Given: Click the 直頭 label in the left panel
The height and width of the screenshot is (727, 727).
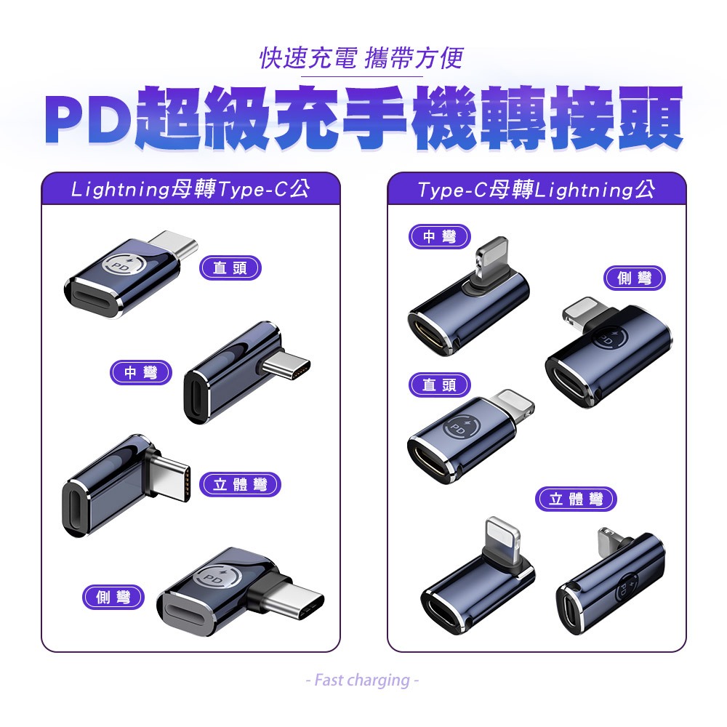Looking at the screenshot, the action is pyautogui.click(x=230, y=268).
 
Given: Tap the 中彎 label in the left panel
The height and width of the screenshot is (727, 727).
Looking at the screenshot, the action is pyautogui.click(x=140, y=372).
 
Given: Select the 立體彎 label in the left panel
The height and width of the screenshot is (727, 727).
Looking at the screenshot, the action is pyautogui.click(x=240, y=484).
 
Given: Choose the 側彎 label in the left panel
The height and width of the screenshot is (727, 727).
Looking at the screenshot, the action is pyautogui.click(x=113, y=597).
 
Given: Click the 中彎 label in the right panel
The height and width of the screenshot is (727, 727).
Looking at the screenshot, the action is pyautogui.click(x=440, y=236).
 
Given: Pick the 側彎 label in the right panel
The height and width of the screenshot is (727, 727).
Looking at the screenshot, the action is pyautogui.click(x=634, y=278).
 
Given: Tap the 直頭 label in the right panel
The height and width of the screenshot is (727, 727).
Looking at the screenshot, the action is pyautogui.click(x=440, y=385).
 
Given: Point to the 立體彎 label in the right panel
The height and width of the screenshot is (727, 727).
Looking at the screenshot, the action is pyautogui.click(x=576, y=499).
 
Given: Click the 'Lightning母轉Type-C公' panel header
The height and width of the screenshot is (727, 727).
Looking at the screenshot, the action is pyautogui.click(x=190, y=189).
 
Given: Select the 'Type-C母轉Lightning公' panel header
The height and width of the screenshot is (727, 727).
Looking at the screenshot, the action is pyautogui.click(x=537, y=189).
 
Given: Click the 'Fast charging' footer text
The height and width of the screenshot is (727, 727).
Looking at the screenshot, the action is pyautogui.click(x=362, y=680).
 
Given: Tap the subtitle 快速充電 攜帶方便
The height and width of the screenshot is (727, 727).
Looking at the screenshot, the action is pyautogui.click(x=361, y=58).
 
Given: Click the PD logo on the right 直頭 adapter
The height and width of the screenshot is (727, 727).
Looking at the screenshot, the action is pyautogui.click(x=459, y=427).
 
